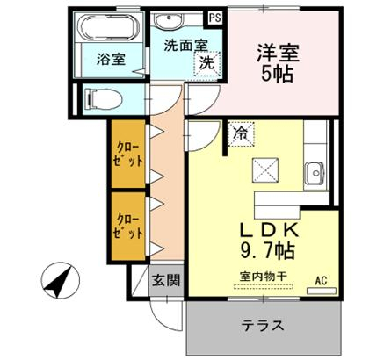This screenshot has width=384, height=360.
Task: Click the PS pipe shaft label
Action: pyautogui.click(x=215, y=18)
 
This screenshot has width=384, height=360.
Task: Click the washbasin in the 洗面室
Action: pyautogui.click(x=169, y=20)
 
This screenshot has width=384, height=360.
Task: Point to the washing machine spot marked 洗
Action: pyautogui.click(x=207, y=63)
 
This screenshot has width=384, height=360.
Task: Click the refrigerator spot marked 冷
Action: pyautogui.click(x=241, y=134)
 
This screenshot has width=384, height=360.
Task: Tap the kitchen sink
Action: pyautogui.click(x=314, y=173)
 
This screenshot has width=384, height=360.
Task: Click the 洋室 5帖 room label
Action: pyautogui.click(x=278, y=63)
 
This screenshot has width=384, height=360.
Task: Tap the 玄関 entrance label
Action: pyautogui.click(x=166, y=281)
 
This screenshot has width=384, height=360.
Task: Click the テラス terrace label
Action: pyautogui.click(x=263, y=325)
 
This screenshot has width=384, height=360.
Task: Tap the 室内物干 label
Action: pyautogui.click(x=263, y=276)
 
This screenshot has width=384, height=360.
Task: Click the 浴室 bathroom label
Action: pyautogui.click(x=111, y=60)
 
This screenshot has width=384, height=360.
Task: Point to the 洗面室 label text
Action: pyautogui.click(x=185, y=46)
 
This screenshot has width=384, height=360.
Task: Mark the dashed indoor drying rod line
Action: pyautogui.click(x=264, y=286)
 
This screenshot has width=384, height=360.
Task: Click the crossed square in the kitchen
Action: pyautogui.click(x=265, y=169)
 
